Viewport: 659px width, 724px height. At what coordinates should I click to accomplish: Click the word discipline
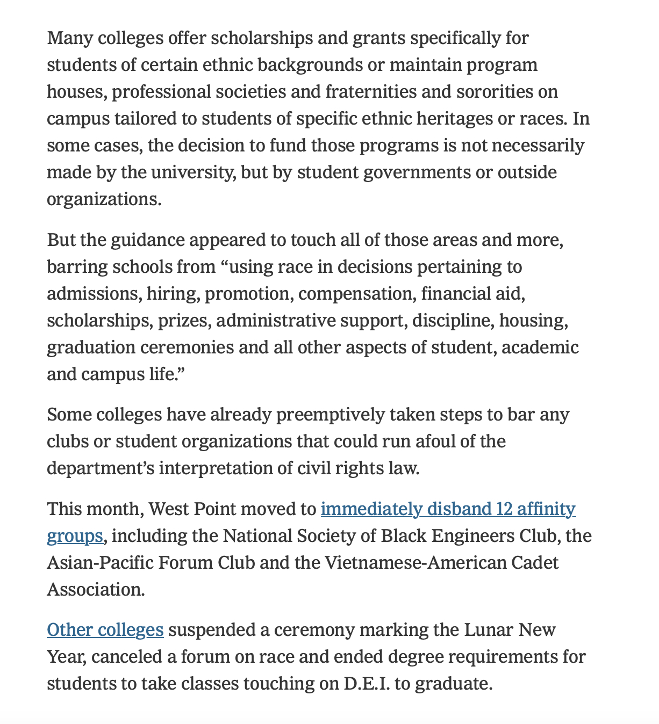click(x=455, y=321)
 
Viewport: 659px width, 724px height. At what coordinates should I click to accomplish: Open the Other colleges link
click(x=105, y=629)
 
